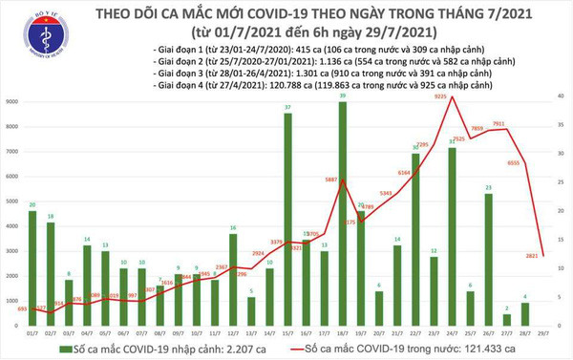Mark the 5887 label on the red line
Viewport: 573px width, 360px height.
[x=331, y=178]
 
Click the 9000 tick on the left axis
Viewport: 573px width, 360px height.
[x=11, y=101]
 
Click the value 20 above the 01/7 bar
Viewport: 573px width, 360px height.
[x=33, y=205]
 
